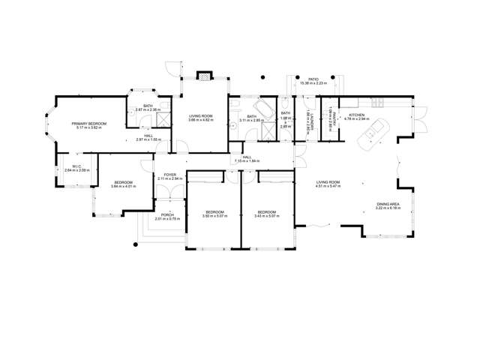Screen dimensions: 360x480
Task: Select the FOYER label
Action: click(170, 175)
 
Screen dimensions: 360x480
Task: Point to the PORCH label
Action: click(168, 214)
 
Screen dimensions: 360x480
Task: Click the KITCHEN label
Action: click(355, 115)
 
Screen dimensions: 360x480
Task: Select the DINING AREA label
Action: click(388, 204)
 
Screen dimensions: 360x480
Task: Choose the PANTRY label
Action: click(330, 120)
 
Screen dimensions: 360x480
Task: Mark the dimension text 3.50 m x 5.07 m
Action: click(214, 217)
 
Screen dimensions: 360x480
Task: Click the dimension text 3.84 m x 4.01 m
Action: click(124, 187)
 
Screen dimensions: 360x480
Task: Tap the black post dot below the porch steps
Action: click(136, 244)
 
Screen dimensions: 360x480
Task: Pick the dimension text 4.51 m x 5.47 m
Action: click(328, 186)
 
